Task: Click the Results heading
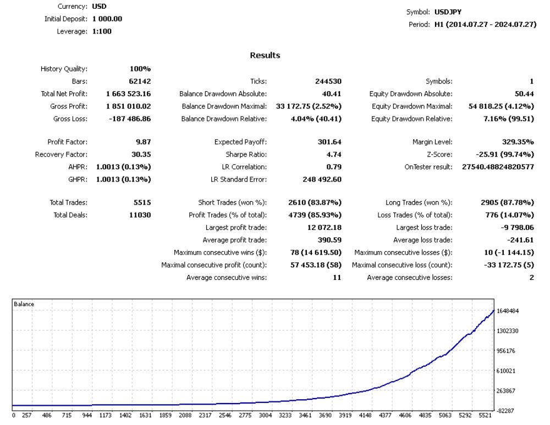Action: coord(265,56)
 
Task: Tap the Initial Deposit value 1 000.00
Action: coord(107,19)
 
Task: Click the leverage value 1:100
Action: coord(102,31)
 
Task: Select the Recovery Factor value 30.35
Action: coord(140,154)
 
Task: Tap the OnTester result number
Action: coord(498,167)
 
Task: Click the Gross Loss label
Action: coord(70,119)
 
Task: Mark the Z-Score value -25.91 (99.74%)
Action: coord(504,154)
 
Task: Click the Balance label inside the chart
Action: coord(24,304)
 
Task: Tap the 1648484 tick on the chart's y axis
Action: coord(508,311)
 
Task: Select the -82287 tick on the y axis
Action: coord(507,411)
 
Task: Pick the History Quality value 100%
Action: coord(140,69)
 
